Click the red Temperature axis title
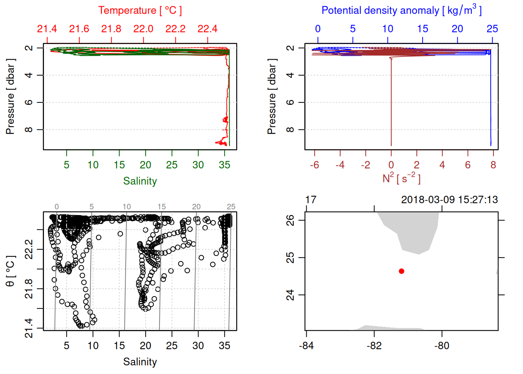[x=140, y=11]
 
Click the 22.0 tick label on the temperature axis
[x=143, y=29]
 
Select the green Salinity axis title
[x=140, y=181]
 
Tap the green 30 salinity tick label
[x=198, y=165]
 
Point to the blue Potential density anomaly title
[x=401, y=10]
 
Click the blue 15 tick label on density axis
[x=423, y=29]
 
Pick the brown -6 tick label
[x=314, y=165]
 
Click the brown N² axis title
[x=401, y=178]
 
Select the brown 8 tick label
[x=493, y=165]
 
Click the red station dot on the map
[x=402, y=271]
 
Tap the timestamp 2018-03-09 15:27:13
[x=449, y=200]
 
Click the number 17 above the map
[x=311, y=200]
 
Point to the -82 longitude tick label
[x=374, y=346]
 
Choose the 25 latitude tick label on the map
[x=290, y=258]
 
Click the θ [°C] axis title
[x=10, y=271]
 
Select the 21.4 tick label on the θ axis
[x=29, y=328]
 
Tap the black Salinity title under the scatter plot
[x=140, y=362]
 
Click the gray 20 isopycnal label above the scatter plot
[x=196, y=207]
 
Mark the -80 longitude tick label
[x=442, y=346]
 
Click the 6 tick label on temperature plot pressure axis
[x=29, y=102]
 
